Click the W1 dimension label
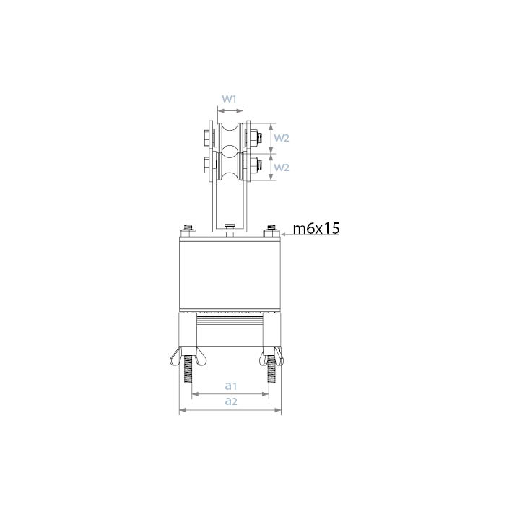pyautogui.click(x=230, y=98)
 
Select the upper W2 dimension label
pyautogui.click(x=280, y=136)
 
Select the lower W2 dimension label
pyautogui.click(x=280, y=168)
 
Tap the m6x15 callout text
pyautogui.click(x=316, y=229)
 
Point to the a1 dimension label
pyautogui.click(x=230, y=387)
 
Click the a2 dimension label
pyautogui.click(x=230, y=401)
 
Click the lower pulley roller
pyautogui.click(x=230, y=168)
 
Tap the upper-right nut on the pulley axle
pyautogui.click(x=256, y=136)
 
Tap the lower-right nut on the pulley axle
pyautogui.click(x=256, y=168)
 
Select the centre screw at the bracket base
pyautogui.click(x=230, y=226)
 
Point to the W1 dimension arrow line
pyautogui.click(x=230, y=111)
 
